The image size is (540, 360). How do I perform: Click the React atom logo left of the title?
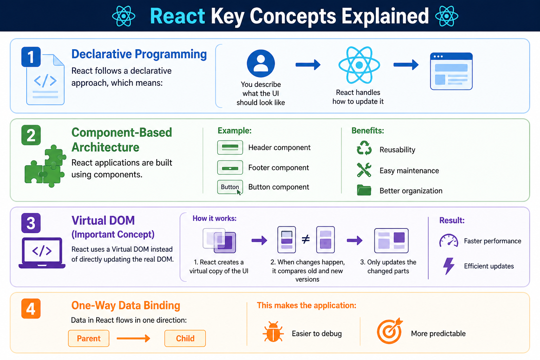tap(124, 16)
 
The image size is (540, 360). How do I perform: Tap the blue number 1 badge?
tap(31, 57)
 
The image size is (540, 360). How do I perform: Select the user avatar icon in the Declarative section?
tap(261, 63)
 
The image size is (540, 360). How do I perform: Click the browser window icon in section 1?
tap(451, 71)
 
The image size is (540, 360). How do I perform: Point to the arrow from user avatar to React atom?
tap(308, 64)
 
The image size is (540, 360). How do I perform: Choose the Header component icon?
tap(230, 147)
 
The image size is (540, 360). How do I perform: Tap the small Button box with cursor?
tap(230, 187)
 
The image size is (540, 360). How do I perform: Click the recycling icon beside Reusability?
tap(364, 148)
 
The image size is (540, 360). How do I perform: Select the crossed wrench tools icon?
tap(364, 170)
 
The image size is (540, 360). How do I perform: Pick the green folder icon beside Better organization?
tap(364, 190)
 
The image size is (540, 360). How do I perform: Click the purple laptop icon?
tap(42, 253)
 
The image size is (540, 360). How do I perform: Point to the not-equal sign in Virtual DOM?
tap(306, 239)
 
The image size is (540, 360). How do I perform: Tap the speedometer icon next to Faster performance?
tap(449, 240)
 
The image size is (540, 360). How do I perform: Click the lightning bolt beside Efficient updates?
tap(449, 266)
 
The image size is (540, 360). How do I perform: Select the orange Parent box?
tap(89, 338)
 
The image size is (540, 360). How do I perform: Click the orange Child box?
tap(185, 338)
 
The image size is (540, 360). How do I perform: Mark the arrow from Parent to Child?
tap(133, 338)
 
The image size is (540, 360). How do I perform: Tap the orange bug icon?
tap(273, 332)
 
